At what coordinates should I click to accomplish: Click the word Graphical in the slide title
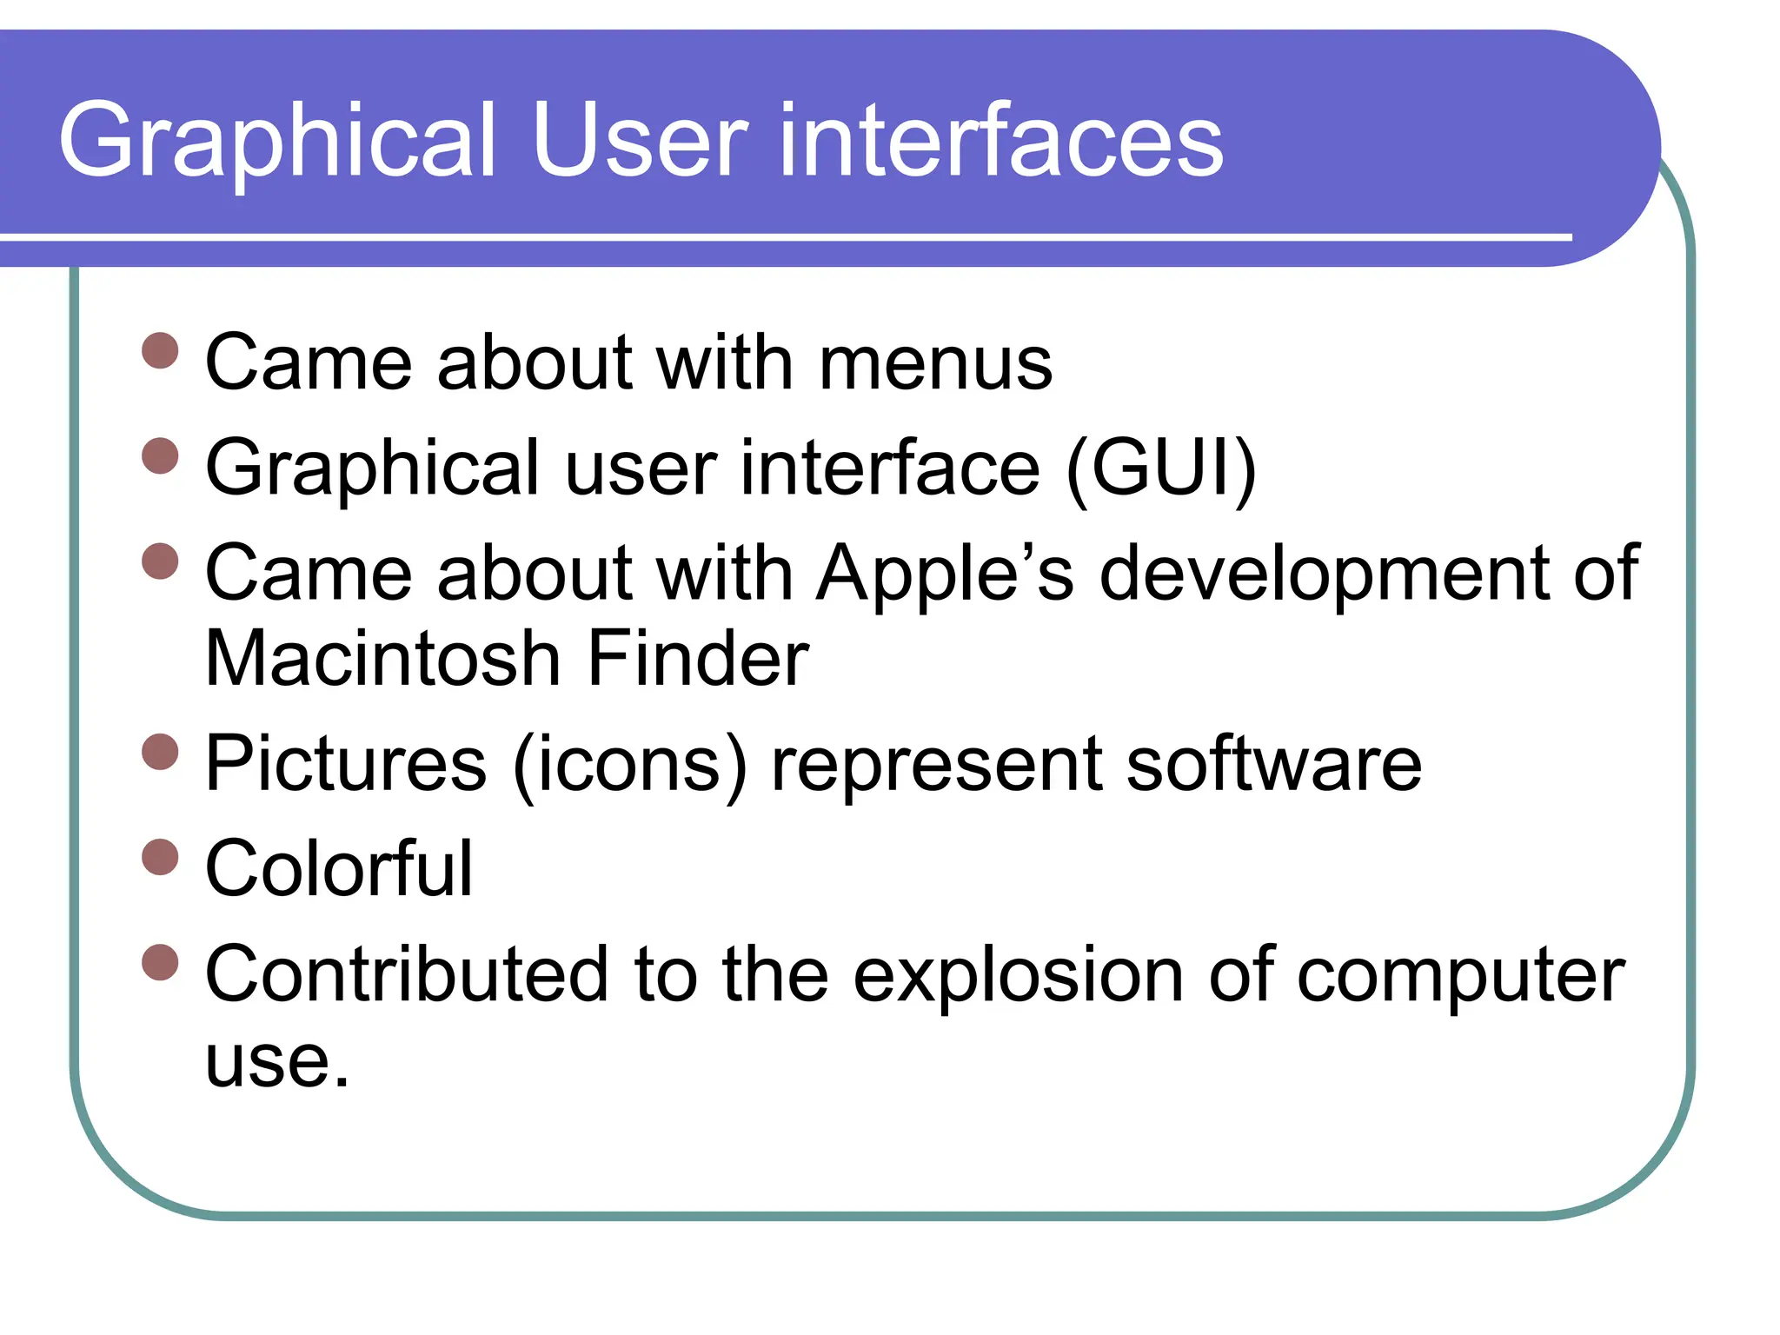tap(276, 141)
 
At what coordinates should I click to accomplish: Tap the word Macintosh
tap(382, 659)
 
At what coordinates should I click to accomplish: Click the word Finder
tap(698, 659)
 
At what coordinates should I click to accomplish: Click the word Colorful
tap(339, 869)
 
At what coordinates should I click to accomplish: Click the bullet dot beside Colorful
tap(160, 857)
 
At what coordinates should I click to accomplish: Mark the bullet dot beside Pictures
tap(160, 752)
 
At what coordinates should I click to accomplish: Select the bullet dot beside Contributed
tap(160, 962)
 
